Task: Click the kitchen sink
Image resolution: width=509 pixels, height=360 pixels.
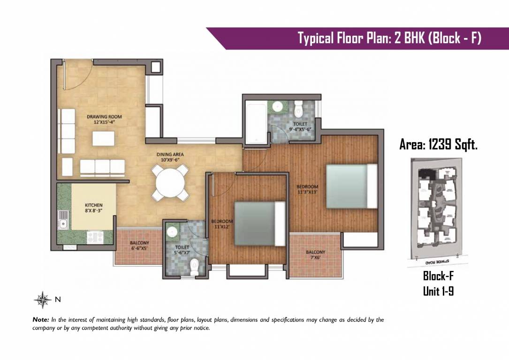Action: click(63, 220)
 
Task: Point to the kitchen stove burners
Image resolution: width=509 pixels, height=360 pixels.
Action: click(96, 237)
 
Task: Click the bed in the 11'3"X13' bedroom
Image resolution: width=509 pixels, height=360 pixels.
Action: click(351, 186)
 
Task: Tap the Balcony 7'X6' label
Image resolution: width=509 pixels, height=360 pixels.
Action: click(315, 255)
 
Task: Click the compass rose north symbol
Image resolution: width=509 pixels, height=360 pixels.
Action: click(43, 299)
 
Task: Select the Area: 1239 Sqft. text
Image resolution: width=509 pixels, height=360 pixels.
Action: click(438, 145)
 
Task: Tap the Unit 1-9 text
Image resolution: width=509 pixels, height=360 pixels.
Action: click(438, 292)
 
